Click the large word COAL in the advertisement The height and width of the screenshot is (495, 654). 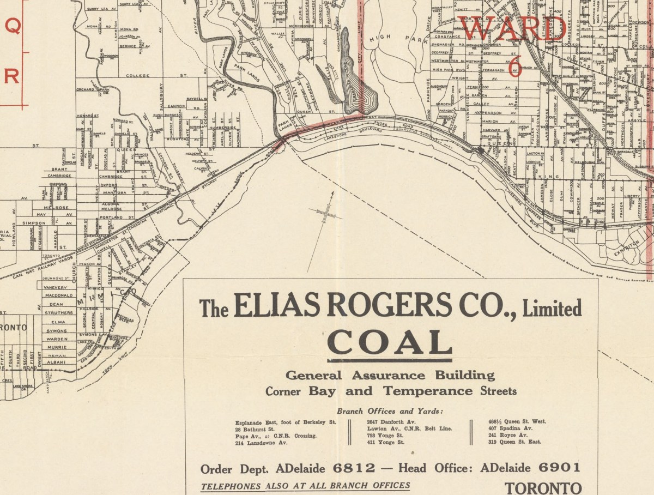pyautogui.click(x=389, y=342)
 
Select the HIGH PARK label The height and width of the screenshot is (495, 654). pyautogui.click(x=388, y=39)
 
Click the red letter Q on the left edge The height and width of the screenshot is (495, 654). pyautogui.click(x=12, y=27)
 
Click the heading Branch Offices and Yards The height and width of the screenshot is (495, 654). pyautogui.click(x=390, y=411)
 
